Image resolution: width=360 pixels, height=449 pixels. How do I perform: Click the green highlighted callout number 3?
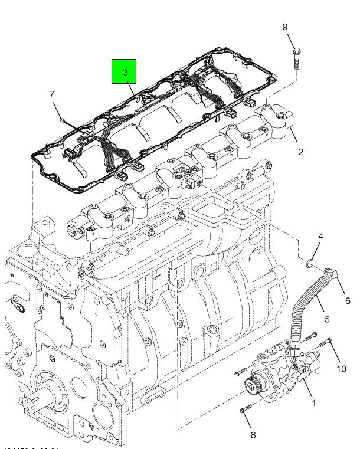[x=125, y=71]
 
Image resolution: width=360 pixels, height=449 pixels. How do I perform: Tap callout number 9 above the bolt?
[x=284, y=27]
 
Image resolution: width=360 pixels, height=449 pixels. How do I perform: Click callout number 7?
[x=52, y=94]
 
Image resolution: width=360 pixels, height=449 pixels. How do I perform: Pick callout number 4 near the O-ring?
[x=320, y=237]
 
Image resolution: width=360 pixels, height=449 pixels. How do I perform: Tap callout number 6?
[x=348, y=300]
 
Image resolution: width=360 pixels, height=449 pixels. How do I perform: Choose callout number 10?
[x=341, y=369]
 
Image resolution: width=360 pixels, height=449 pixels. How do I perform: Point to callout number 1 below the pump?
[x=313, y=404]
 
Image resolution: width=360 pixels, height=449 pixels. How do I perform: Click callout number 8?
[x=253, y=435]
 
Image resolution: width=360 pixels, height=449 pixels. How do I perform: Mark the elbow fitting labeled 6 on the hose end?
[x=332, y=274]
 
